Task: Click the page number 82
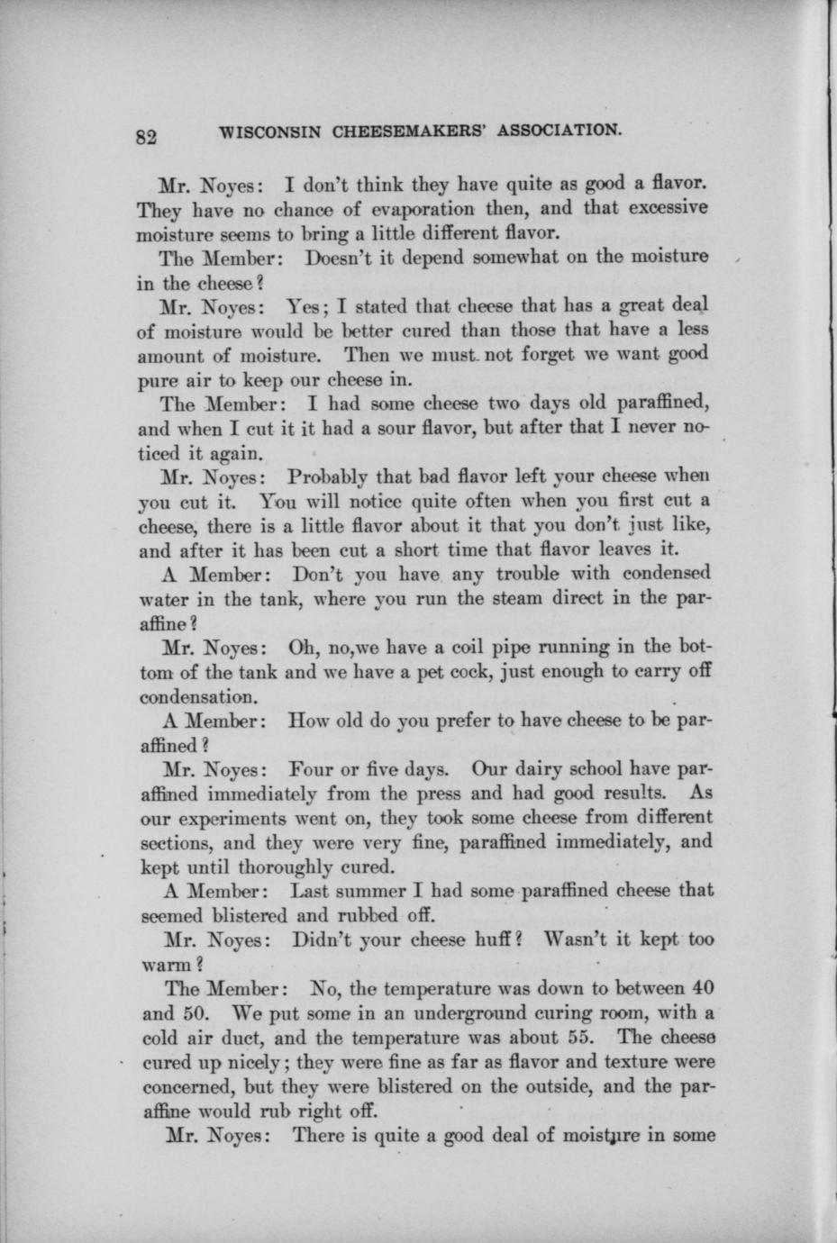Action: (147, 137)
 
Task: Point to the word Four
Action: (314, 770)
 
